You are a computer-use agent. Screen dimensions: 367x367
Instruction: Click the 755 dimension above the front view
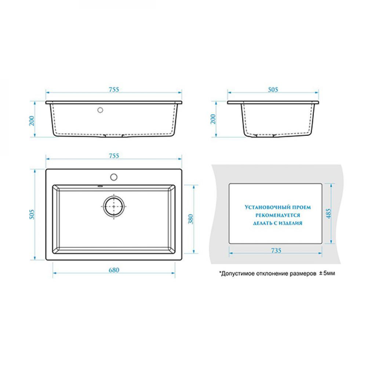(x=114, y=90)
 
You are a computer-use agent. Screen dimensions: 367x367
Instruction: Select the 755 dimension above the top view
(x=114, y=156)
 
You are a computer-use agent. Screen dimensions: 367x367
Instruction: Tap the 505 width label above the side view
(x=273, y=90)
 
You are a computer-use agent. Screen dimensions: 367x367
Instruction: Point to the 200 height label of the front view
(x=32, y=121)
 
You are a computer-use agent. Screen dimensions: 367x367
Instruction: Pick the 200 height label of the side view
(x=213, y=119)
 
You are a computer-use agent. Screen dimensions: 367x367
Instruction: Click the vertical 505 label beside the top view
(x=32, y=214)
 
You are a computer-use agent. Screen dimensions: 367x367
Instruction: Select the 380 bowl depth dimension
(x=191, y=219)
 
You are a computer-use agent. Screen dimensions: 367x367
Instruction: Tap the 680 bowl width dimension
(x=114, y=270)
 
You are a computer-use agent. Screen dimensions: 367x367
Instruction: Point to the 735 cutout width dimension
(x=276, y=250)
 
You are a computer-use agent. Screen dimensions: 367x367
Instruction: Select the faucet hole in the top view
(x=114, y=177)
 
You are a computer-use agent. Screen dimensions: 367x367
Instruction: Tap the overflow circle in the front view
(x=100, y=110)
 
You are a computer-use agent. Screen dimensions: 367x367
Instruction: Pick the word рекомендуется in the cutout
(x=277, y=215)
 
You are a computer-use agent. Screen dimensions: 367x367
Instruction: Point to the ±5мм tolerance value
(x=327, y=273)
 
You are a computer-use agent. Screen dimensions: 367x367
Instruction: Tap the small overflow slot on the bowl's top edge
(x=100, y=186)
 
